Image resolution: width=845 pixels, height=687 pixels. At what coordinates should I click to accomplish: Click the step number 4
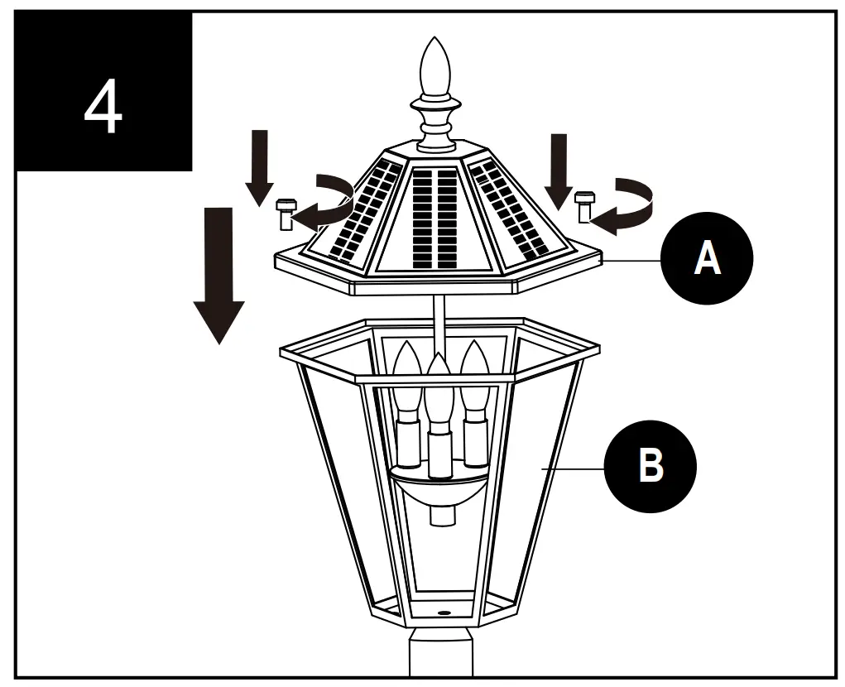103,108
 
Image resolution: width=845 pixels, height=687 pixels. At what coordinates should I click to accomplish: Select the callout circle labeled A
707,259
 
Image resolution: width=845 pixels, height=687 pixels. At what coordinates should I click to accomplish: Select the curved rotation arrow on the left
327,203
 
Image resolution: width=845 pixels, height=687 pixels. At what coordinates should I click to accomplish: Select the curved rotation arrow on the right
627,205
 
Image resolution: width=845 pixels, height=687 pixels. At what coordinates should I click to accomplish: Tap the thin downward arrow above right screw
559,170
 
